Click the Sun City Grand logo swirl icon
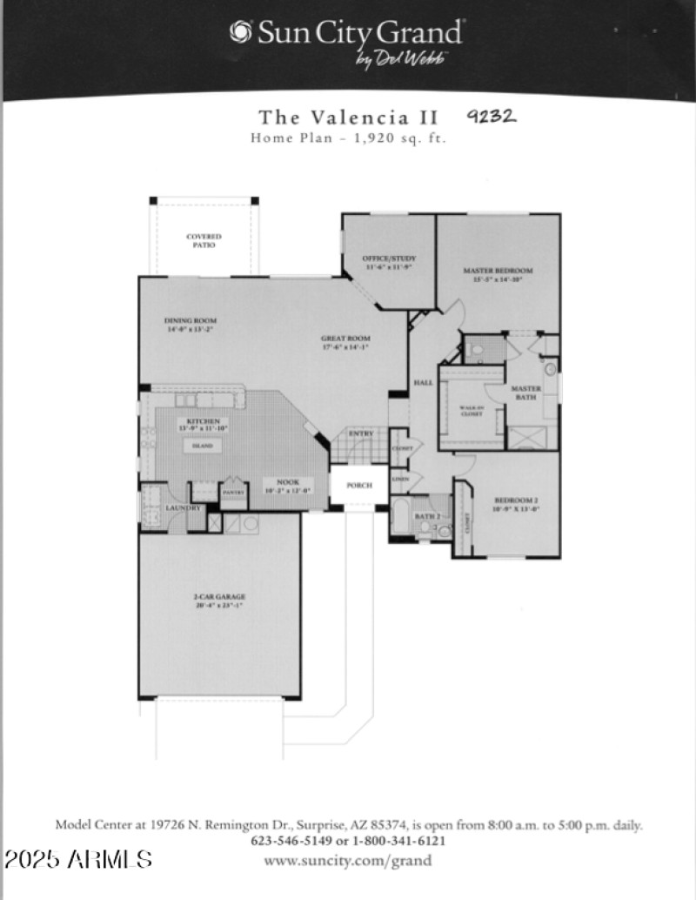click(240, 32)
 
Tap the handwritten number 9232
click(492, 117)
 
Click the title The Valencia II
click(348, 118)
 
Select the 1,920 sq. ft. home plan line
click(348, 138)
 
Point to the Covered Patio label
click(204, 241)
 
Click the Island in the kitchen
click(202, 445)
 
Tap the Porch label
click(358, 486)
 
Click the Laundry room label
click(184, 507)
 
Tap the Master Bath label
click(525, 393)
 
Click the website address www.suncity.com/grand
click(347, 861)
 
